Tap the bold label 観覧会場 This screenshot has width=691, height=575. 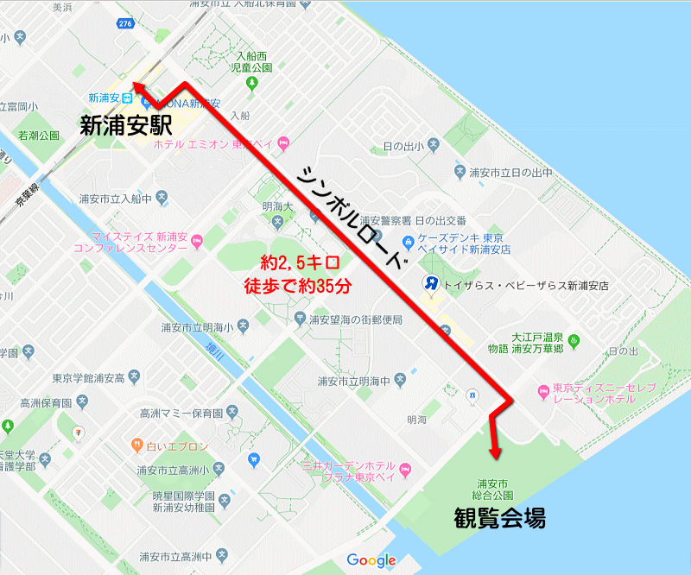pyautogui.click(x=500, y=518)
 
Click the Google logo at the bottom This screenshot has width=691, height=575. pyautogui.click(x=371, y=560)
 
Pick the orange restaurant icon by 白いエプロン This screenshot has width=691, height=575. pyautogui.click(x=136, y=445)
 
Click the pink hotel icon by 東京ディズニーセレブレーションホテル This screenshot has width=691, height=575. pyautogui.click(x=544, y=393)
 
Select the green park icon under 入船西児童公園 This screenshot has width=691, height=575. pyautogui.click(x=251, y=83)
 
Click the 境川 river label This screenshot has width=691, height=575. pyautogui.click(x=212, y=347)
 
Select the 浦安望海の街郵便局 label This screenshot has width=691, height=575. pyautogui.click(x=355, y=319)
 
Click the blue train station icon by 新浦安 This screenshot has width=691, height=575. pyautogui.click(x=127, y=97)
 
